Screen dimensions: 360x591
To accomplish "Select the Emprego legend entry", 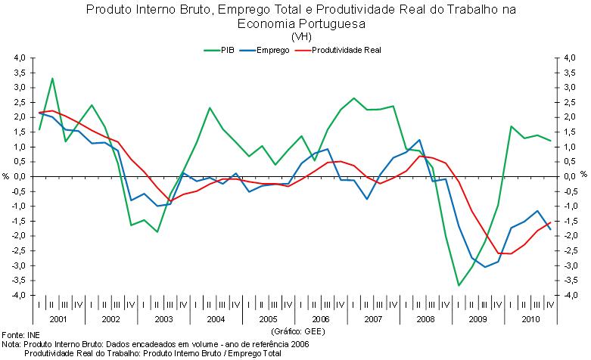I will [274, 51].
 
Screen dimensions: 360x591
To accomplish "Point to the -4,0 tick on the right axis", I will [570, 295].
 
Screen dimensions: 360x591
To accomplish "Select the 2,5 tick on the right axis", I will [570, 102].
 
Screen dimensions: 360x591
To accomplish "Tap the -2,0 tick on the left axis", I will [19, 236].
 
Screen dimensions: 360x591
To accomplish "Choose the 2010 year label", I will [529, 320].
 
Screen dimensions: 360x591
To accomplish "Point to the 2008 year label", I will [425, 320].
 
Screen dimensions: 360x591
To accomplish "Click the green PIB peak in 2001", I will [52, 79].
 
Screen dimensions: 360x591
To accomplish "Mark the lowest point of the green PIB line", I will [458, 285].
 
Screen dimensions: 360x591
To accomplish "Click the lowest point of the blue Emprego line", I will [484, 267].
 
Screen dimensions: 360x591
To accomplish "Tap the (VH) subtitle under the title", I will [300, 36].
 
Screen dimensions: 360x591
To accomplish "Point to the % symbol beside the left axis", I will [5, 176].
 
